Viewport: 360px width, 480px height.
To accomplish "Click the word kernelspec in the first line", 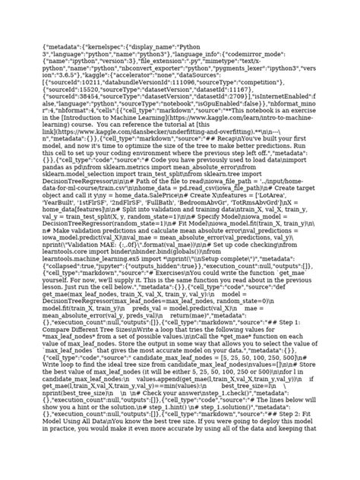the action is (106, 48).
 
